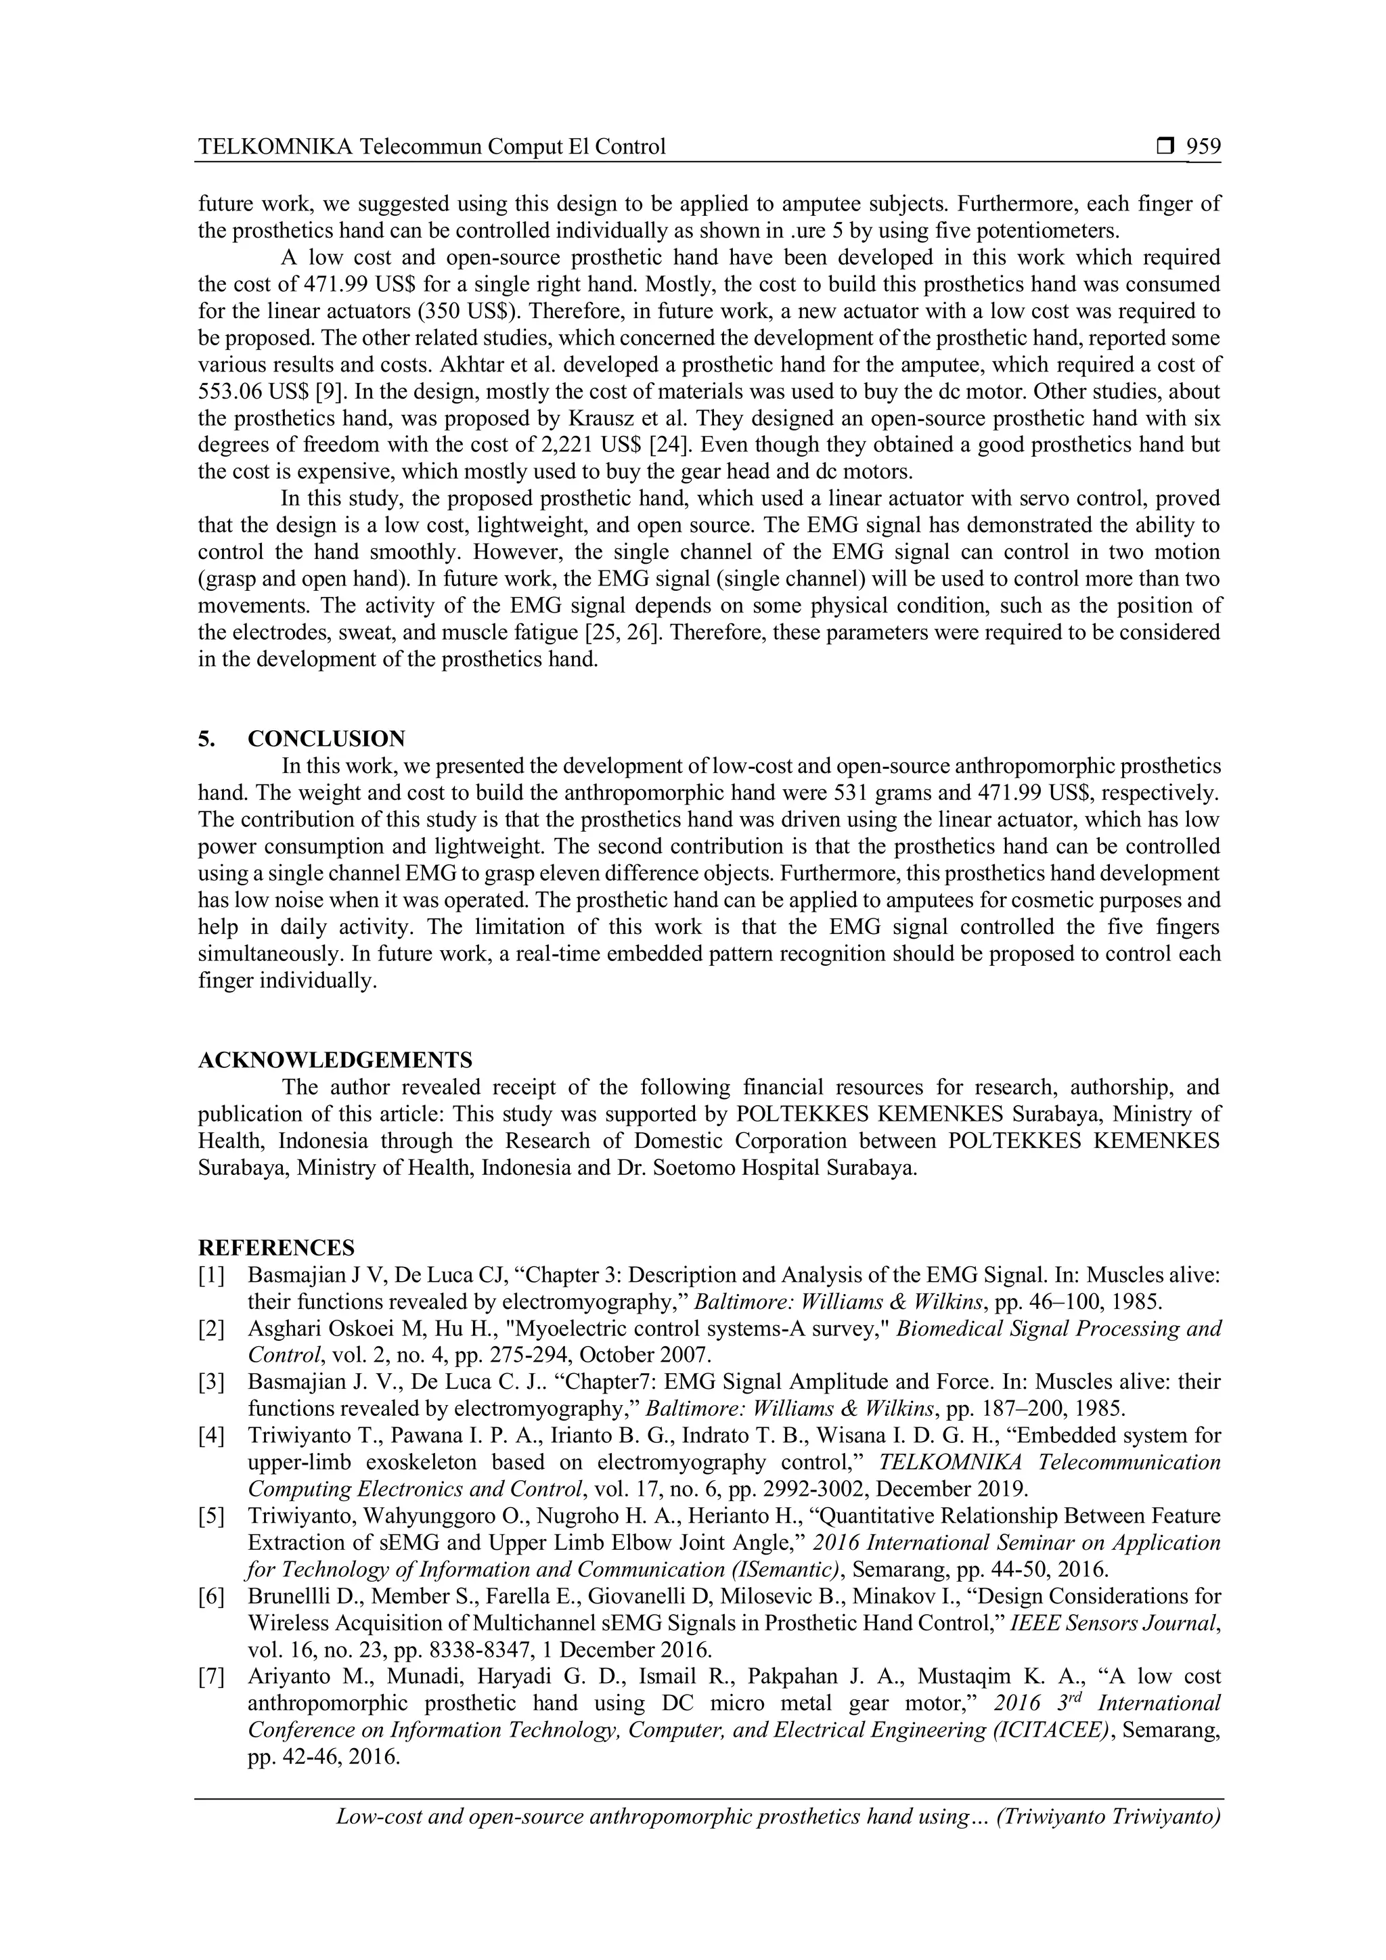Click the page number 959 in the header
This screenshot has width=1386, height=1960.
point(1203,147)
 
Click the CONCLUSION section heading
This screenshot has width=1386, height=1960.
point(326,738)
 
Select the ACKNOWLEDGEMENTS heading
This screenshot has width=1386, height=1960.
point(334,1061)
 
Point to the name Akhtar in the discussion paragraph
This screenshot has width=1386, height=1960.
point(471,365)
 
